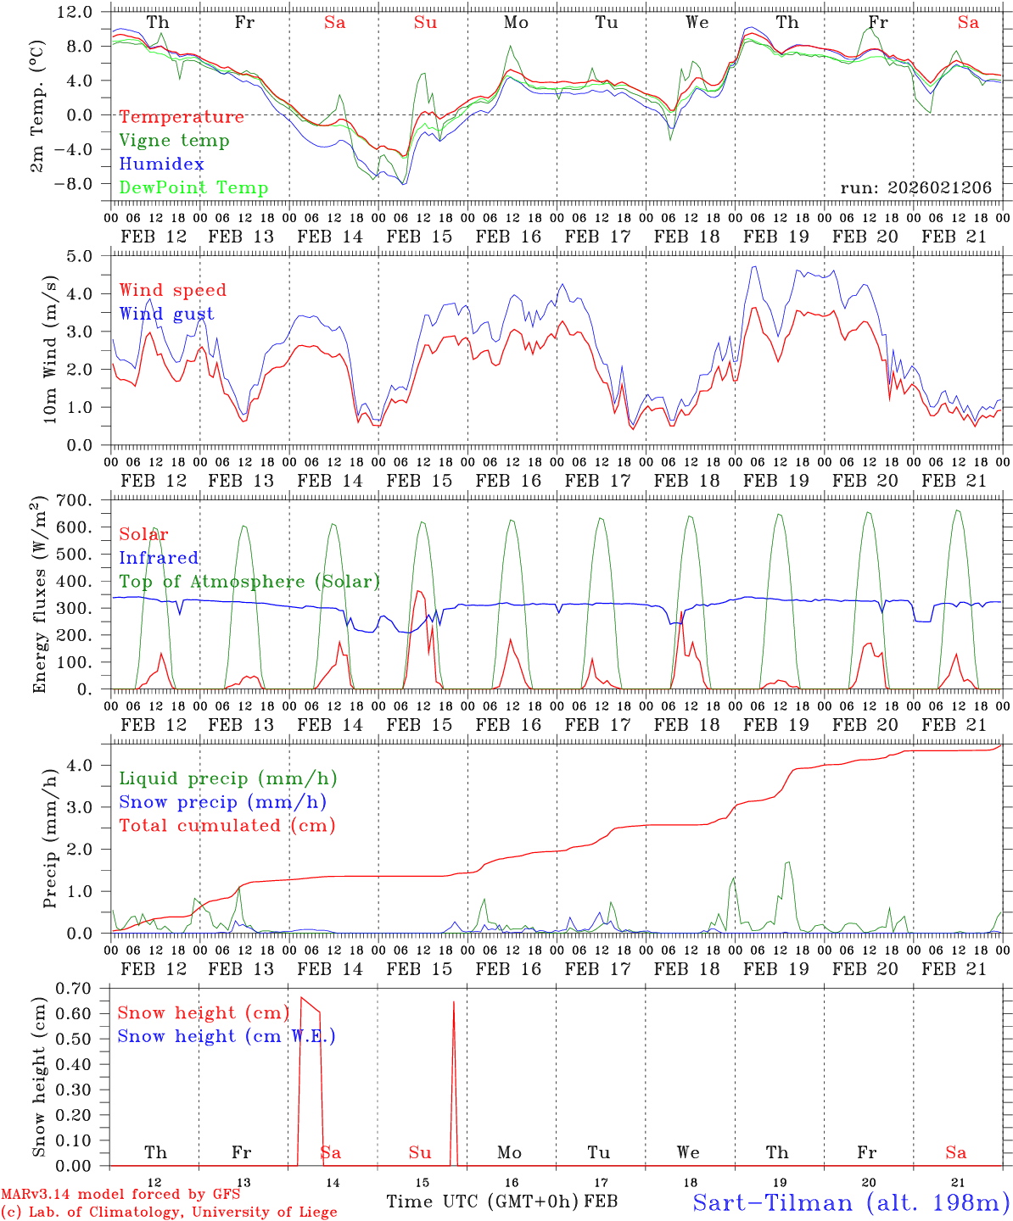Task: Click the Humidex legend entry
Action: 161,164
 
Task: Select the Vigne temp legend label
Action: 174,141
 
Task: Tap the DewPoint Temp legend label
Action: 193,188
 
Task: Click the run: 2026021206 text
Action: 915,188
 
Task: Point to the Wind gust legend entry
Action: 166,314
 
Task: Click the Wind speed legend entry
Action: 173,290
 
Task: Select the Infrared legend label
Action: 159,558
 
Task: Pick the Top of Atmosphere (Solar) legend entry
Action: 249,582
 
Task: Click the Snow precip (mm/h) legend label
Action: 223,802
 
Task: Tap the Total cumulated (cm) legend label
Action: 227,826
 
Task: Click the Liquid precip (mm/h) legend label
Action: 228,778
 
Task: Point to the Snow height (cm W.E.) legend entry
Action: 227,1036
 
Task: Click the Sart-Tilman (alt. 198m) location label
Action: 850,1202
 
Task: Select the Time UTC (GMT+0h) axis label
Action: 482,1201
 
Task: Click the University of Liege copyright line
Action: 169,1212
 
